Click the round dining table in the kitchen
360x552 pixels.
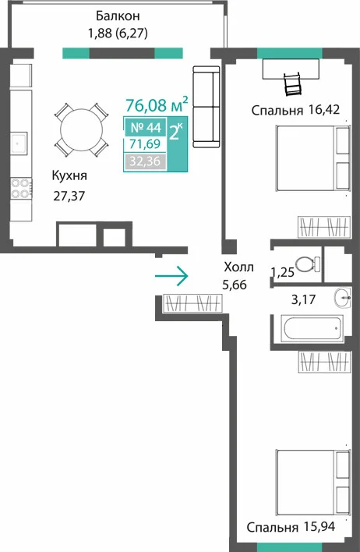tap(82, 129)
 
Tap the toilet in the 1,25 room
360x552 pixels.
tap(308, 264)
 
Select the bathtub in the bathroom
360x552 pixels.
tap(312, 327)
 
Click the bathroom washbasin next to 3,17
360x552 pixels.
tap(342, 297)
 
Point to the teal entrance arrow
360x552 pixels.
tap(171, 276)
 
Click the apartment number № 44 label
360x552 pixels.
tap(146, 127)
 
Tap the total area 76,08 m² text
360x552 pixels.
tap(157, 104)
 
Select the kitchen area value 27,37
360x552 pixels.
tap(69, 196)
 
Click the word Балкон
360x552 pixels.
tap(118, 16)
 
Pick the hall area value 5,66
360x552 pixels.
tap(235, 284)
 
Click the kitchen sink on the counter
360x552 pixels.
tap(19, 143)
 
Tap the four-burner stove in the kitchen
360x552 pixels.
tap(21, 189)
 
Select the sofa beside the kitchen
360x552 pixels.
tap(206, 107)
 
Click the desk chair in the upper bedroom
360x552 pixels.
tap(293, 84)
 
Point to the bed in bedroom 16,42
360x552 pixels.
tap(313, 158)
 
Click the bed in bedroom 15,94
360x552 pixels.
tap(313, 483)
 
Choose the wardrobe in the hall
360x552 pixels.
tap(193, 303)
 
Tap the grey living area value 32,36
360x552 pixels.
tap(145, 161)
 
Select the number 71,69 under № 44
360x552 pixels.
tap(145, 144)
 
